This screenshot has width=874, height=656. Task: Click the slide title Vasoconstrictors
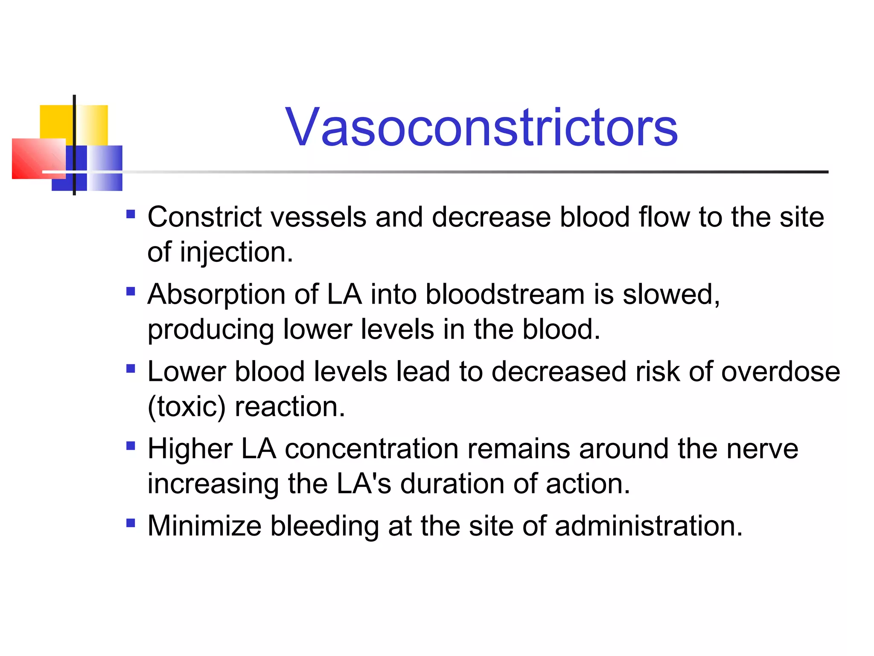[481, 128]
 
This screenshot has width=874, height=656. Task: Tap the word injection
[236, 252]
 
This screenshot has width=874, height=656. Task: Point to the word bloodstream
[505, 295]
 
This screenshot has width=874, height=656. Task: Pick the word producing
[210, 330]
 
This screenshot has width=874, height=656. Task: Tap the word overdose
[780, 372]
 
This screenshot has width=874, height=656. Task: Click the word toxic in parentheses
[186, 407]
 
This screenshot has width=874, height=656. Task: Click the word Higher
[190, 449]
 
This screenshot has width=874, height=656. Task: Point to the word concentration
[371, 449]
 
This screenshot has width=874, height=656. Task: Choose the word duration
[452, 484]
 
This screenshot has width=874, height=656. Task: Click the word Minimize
[204, 526]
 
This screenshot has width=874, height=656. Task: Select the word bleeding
[324, 526]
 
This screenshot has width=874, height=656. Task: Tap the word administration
[648, 526]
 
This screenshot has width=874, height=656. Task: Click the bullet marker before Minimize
[131, 523]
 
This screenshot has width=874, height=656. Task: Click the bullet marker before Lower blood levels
[131, 368]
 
